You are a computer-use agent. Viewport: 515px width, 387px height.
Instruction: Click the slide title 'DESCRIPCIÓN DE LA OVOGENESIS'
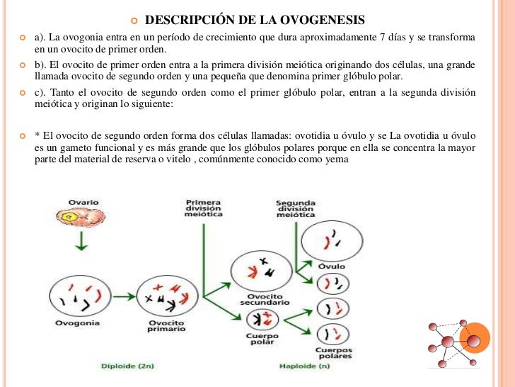(x=260, y=18)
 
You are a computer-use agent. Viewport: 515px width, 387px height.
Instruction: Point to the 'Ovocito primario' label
(x=166, y=326)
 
